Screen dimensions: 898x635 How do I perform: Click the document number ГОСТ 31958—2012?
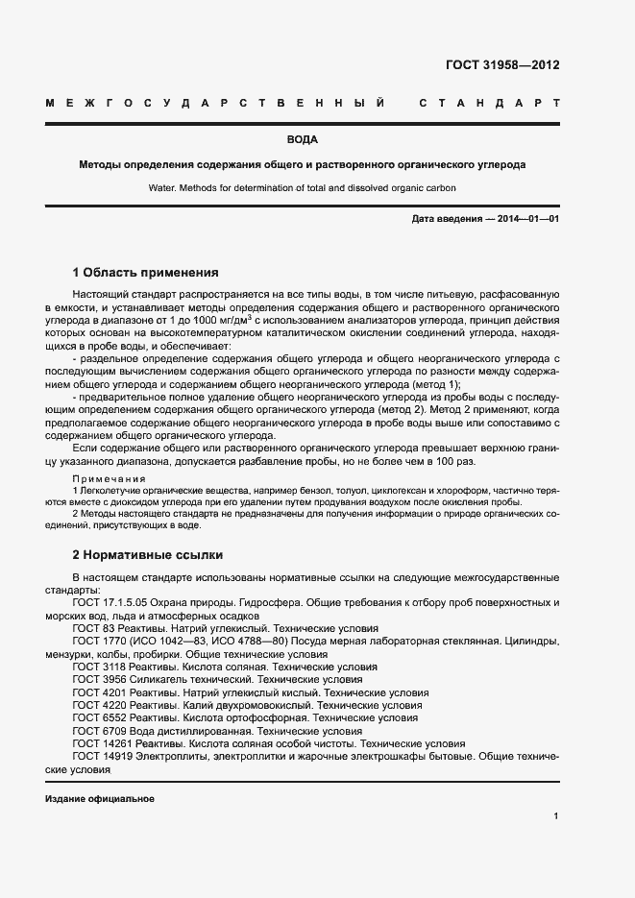(501, 65)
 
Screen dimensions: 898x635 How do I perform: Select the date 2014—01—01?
(527, 219)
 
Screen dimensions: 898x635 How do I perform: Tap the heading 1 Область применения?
(146, 272)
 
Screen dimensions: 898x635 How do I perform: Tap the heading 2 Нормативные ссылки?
(148, 554)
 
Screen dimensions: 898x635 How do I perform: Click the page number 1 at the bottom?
(556, 815)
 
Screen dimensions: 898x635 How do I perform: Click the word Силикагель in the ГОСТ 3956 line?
(159, 679)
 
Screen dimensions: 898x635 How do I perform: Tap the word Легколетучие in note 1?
(112, 491)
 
